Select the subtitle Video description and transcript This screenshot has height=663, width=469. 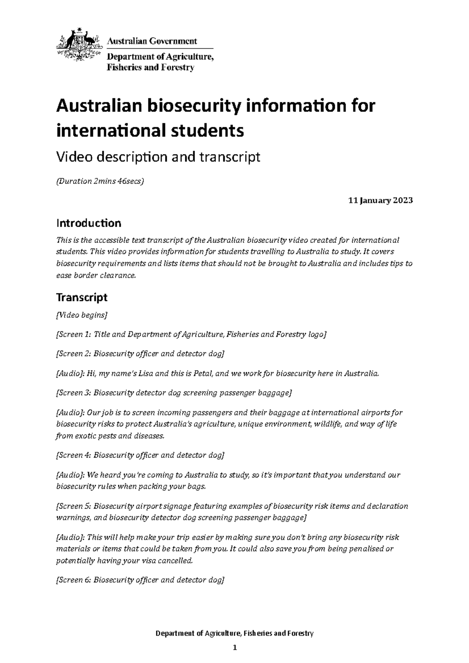pyautogui.click(x=158, y=157)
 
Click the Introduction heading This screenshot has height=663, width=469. pyautogui.click(x=89, y=223)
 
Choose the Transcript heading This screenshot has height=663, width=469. pyautogui.click(x=82, y=298)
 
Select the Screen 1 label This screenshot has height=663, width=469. pyautogui.click(x=75, y=334)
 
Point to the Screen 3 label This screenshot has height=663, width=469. pyautogui.click(x=75, y=393)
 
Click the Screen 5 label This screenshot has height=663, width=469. pyautogui.click(x=75, y=506)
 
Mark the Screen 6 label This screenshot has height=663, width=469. pyautogui.click(x=75, y=580)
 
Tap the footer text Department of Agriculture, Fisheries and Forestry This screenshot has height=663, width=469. pyautogui.click(x=234, y=633)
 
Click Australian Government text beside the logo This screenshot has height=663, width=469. pyautogui.click(x=152, y=41)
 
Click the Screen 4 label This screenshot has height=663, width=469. pyautogui.click(x=75, y=455)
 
